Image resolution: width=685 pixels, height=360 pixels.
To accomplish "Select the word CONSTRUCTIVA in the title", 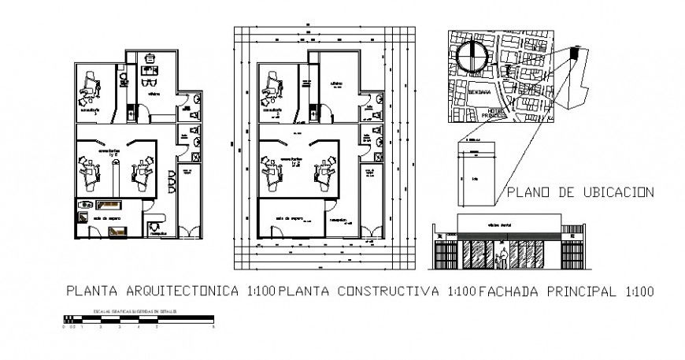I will (390, 291).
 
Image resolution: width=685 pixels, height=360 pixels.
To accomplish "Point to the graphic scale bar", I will (138, 320).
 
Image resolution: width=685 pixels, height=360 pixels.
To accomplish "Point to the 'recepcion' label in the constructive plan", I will (340, 219).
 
